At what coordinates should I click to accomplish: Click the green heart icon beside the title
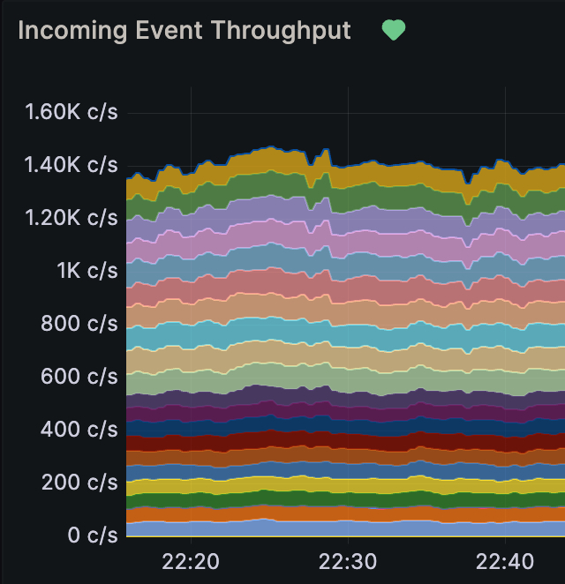[x=393, y=31]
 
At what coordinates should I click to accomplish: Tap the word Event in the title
[x=165, y=31]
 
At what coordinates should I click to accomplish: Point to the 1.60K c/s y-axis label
[x=72, y=112]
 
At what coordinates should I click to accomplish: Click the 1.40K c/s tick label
[x=72, y=165]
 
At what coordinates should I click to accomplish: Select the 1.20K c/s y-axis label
[x=72, y=218]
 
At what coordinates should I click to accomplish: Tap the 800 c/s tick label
[x=79, y=324]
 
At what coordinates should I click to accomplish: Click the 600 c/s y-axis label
[x=79, y=377]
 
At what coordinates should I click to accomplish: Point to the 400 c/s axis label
[x=79, y=430]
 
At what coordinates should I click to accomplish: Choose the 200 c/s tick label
[x=79, y=483]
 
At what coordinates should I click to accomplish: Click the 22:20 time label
[x=192, y=562]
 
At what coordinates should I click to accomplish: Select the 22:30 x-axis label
[x=348, y=562]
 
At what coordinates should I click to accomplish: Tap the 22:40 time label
[x=504, y=562]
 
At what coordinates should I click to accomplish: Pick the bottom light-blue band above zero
[x=265, y=528]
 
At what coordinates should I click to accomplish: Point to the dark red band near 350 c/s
[x=265, y=439]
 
